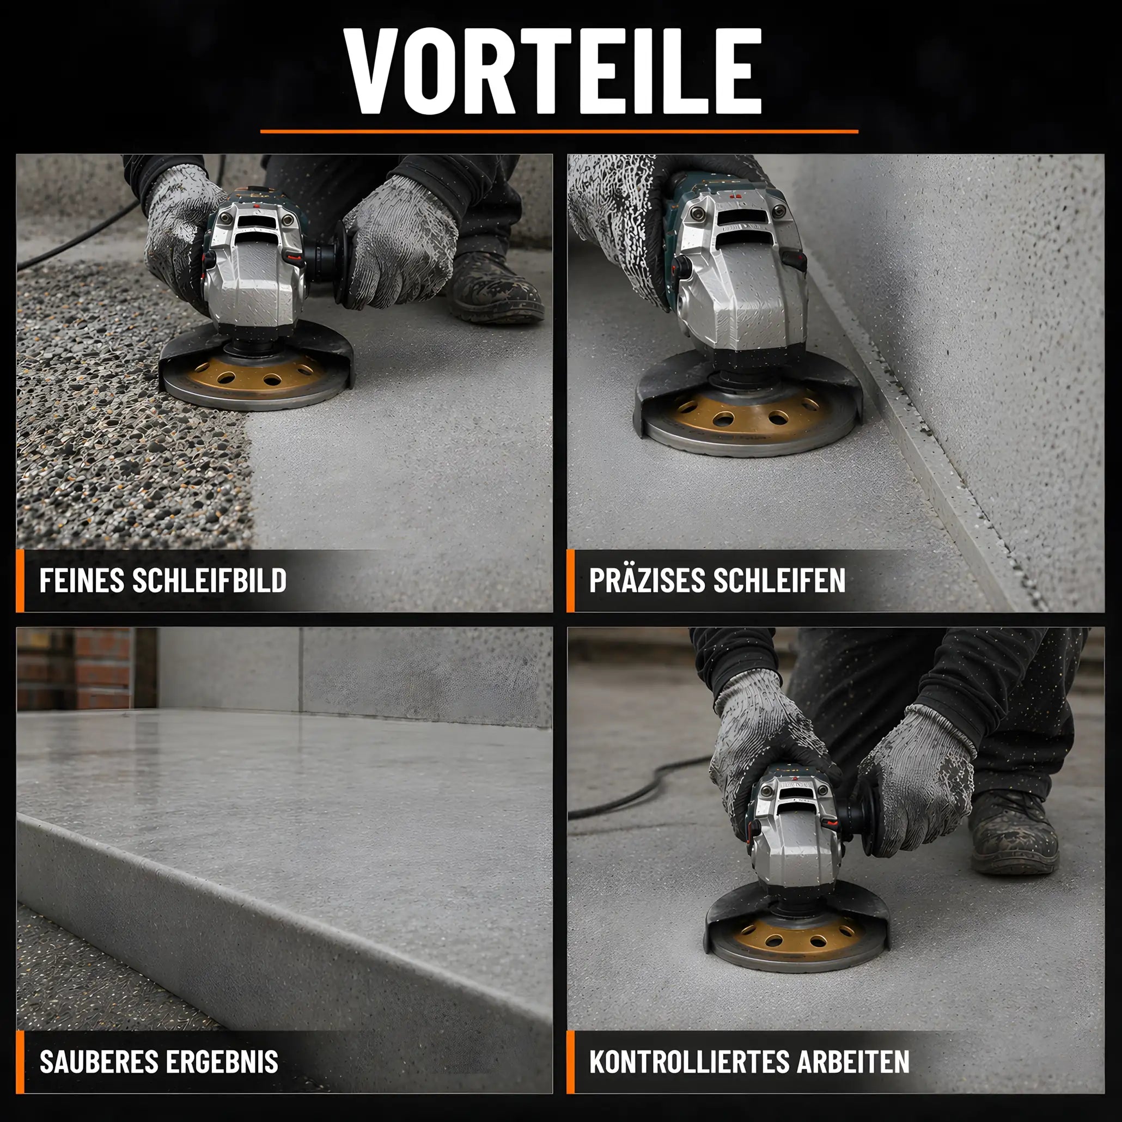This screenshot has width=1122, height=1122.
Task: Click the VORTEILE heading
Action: pyautogui.click(x=552, y=71)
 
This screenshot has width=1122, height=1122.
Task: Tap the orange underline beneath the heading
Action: pyautogui.click(x=559, y=132)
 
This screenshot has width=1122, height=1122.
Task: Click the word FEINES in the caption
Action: pyautogui.click(x=82, y=580)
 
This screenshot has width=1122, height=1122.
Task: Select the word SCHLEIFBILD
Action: pyautogui.click(x=210, y=580)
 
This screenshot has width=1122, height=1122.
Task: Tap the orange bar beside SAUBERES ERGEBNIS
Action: pyautogui.click(x=20, y=1062)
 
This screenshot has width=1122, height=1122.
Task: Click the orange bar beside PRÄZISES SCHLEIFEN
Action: pyautogui.click(x=570, y=580)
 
